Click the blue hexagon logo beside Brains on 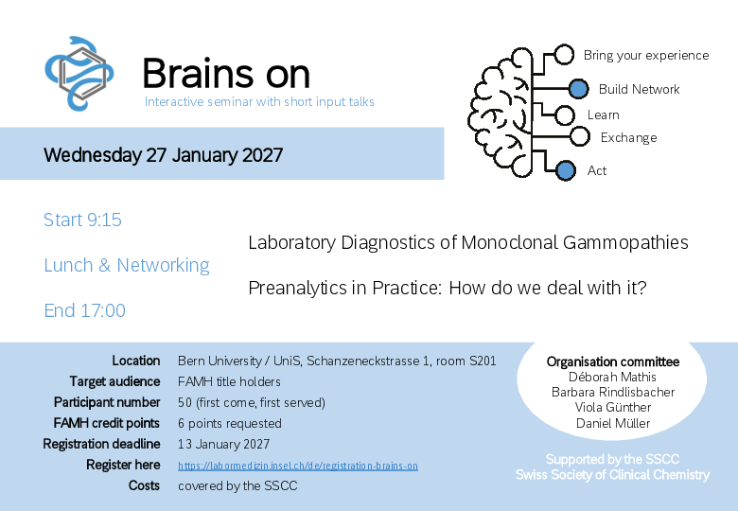[x=79, y=74]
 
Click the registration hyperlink [x=298, y=466]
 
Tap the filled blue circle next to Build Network [x=578, y=89]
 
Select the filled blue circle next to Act [x=565, y=170]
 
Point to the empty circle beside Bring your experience [x=563, y=55]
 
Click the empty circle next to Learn [x=564, y=115]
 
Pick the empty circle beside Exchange [x=579, y=137]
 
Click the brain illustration [x=501, y=113]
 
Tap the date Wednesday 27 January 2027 [x=164, y=155]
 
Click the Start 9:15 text [x=82, y=220]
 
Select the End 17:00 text [x=85, y=310]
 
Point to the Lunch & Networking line [x=127, y=265]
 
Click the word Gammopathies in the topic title [x=625, y=243]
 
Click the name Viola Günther [x=613, y=407]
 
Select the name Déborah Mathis [x=612, y=377]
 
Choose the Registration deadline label [x=101, y=444]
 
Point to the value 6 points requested [x=230, y=424]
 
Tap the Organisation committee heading [x=613, y=361]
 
